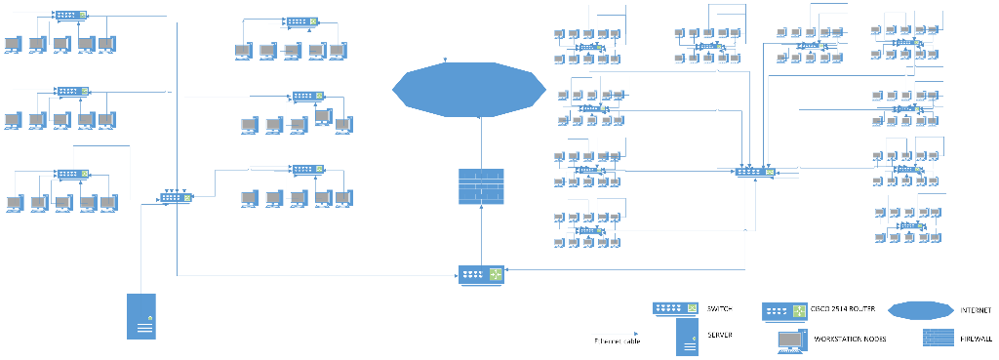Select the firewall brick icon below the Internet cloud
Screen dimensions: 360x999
[x=481, y=187]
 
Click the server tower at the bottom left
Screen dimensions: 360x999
[x=140, y=315]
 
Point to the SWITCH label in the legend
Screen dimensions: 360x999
[x=721, y=309]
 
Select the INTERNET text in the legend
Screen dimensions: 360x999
[x=976, y=310]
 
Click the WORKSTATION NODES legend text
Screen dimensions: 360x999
[x=847, y=340]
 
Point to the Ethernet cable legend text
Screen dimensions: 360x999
[x=619, y=341]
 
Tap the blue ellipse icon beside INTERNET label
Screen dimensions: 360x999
[x=919, y=310]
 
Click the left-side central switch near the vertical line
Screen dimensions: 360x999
[x=177, y=196]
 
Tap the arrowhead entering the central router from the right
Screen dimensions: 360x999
[x=508, y=269]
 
